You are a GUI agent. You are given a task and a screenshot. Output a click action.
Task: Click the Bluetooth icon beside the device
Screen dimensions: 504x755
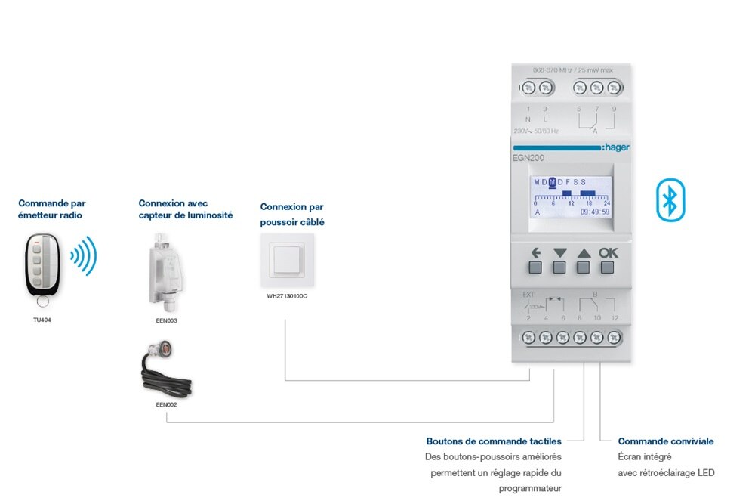(668, 199)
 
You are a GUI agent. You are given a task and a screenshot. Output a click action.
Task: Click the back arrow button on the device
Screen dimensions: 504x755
(535, 266)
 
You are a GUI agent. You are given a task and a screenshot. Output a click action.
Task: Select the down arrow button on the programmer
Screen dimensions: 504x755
(559, 266)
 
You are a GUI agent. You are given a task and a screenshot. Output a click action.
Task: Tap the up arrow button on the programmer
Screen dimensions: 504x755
(583, 266)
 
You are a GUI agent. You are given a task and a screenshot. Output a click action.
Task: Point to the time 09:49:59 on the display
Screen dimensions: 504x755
(594, 212)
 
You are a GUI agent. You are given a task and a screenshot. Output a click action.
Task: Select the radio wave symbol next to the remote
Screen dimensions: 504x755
(84, 256)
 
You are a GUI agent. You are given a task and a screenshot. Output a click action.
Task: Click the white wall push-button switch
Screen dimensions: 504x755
(286, 261)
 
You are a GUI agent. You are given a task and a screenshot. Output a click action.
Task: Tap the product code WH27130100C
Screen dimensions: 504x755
(287, 296)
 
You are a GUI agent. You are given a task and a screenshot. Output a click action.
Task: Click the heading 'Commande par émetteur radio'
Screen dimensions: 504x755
(51, 209)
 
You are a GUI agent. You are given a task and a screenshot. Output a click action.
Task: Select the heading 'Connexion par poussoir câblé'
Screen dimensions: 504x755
(292, 215)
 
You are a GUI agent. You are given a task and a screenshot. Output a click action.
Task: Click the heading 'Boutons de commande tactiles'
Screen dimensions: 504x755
(494, 441)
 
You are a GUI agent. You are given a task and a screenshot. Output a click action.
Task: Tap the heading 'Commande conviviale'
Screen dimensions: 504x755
(665, 441)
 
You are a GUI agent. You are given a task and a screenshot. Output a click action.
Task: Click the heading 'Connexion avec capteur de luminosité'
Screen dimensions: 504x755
(185, 209)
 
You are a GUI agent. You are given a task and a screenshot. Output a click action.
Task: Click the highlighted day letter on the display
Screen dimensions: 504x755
(553, 182)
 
